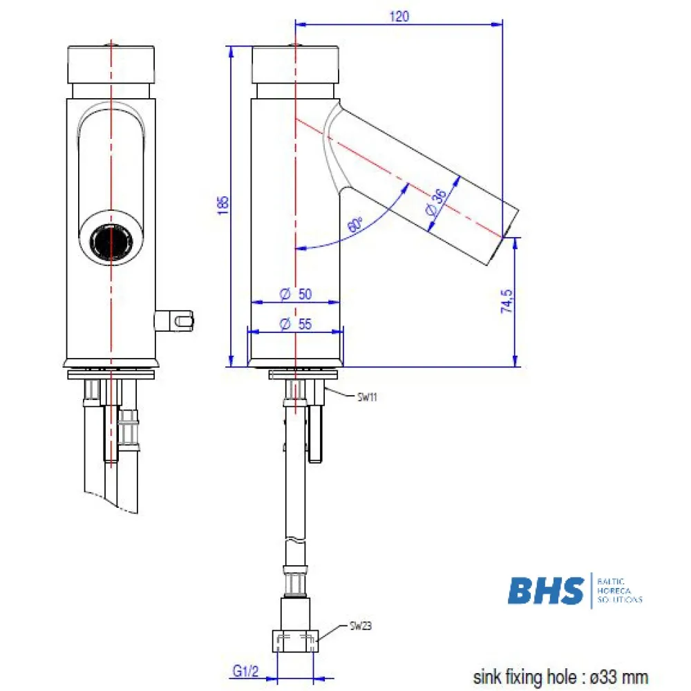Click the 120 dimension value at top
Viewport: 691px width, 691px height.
(399, 17)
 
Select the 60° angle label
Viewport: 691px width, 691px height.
(355, 225)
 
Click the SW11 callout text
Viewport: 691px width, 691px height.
(366, 397)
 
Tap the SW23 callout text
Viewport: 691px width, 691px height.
(360, 627)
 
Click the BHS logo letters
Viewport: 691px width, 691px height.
(546, 591)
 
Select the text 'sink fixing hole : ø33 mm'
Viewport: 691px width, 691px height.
(560, 676)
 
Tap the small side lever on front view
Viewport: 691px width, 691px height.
(177, 320)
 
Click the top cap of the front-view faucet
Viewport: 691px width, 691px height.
(111, 64)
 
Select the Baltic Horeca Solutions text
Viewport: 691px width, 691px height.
(618, 591)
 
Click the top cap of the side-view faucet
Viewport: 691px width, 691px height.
(296, 64)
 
